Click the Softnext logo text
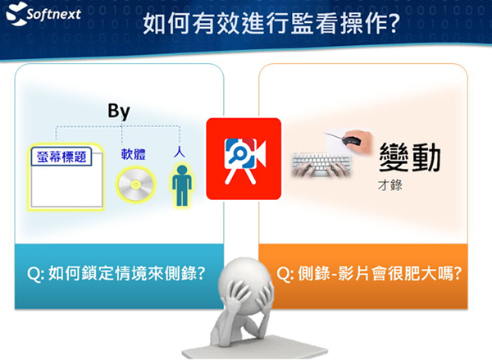(53, 14)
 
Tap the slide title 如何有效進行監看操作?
(271, 23)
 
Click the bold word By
(119, 111)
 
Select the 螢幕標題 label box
(61, 157)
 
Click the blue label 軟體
(134, 154)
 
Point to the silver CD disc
(135, 185)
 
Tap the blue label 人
(180, 151)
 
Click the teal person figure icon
(182, 185)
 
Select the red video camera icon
(244, 159)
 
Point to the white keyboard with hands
(321, 165)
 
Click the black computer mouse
(352, 140)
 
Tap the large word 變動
(410, 157)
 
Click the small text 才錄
(390, 185)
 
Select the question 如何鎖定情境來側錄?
(116, 273)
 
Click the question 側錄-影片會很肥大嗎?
(369, 273)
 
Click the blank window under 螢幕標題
(66, 185)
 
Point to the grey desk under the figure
(255, 348)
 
